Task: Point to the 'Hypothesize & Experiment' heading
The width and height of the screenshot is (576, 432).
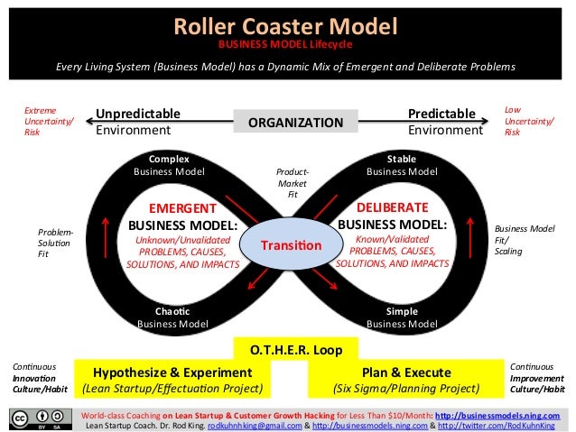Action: (172, 372)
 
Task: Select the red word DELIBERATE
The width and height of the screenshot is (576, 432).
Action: (392, 207)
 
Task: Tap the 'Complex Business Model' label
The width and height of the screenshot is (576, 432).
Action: (170, 164)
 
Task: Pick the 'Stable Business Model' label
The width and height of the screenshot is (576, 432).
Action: (401, 164)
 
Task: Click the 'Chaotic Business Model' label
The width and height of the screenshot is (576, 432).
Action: (170, 317)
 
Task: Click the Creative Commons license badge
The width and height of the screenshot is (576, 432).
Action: (41, 419)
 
